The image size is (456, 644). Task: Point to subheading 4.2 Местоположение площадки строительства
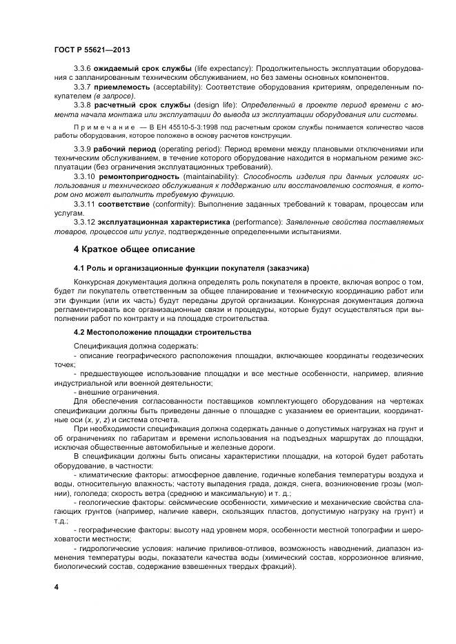[x=162, y=333]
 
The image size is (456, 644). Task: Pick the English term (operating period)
[x=190, y=149]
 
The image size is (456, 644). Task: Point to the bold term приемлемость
[x=122, y=87]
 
